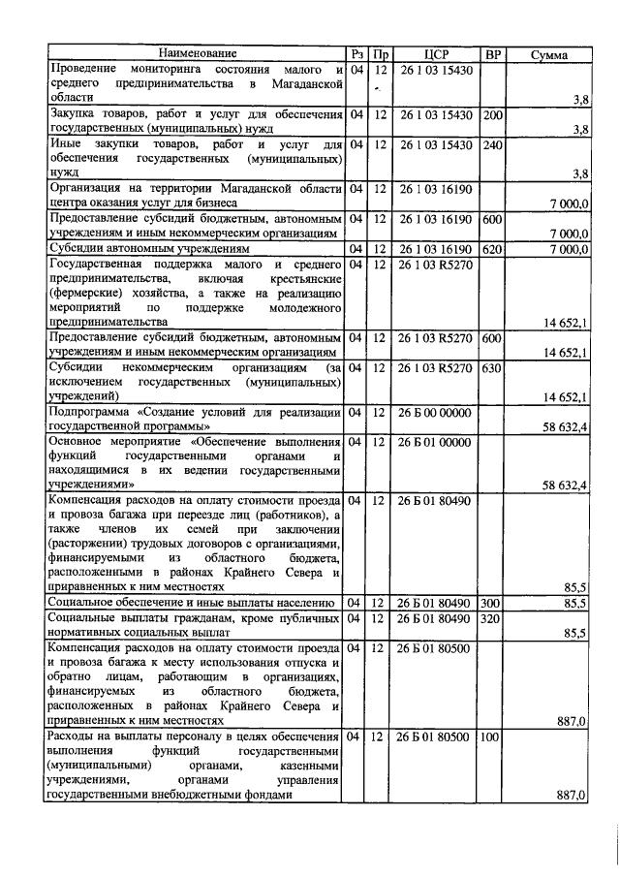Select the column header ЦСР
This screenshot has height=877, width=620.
[x=437, y=54]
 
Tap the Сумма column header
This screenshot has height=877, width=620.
[x=549, y=55]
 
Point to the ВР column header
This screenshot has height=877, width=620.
[x=492, y=54]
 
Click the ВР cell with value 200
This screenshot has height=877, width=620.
[x=492, y=115]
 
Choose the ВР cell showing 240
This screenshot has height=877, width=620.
[x=492, y=144]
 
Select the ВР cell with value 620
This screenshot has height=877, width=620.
[x=492, y=249]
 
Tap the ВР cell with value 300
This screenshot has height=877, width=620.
[x=492, y=602]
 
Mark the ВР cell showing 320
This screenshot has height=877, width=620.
[x=492, y=617]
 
